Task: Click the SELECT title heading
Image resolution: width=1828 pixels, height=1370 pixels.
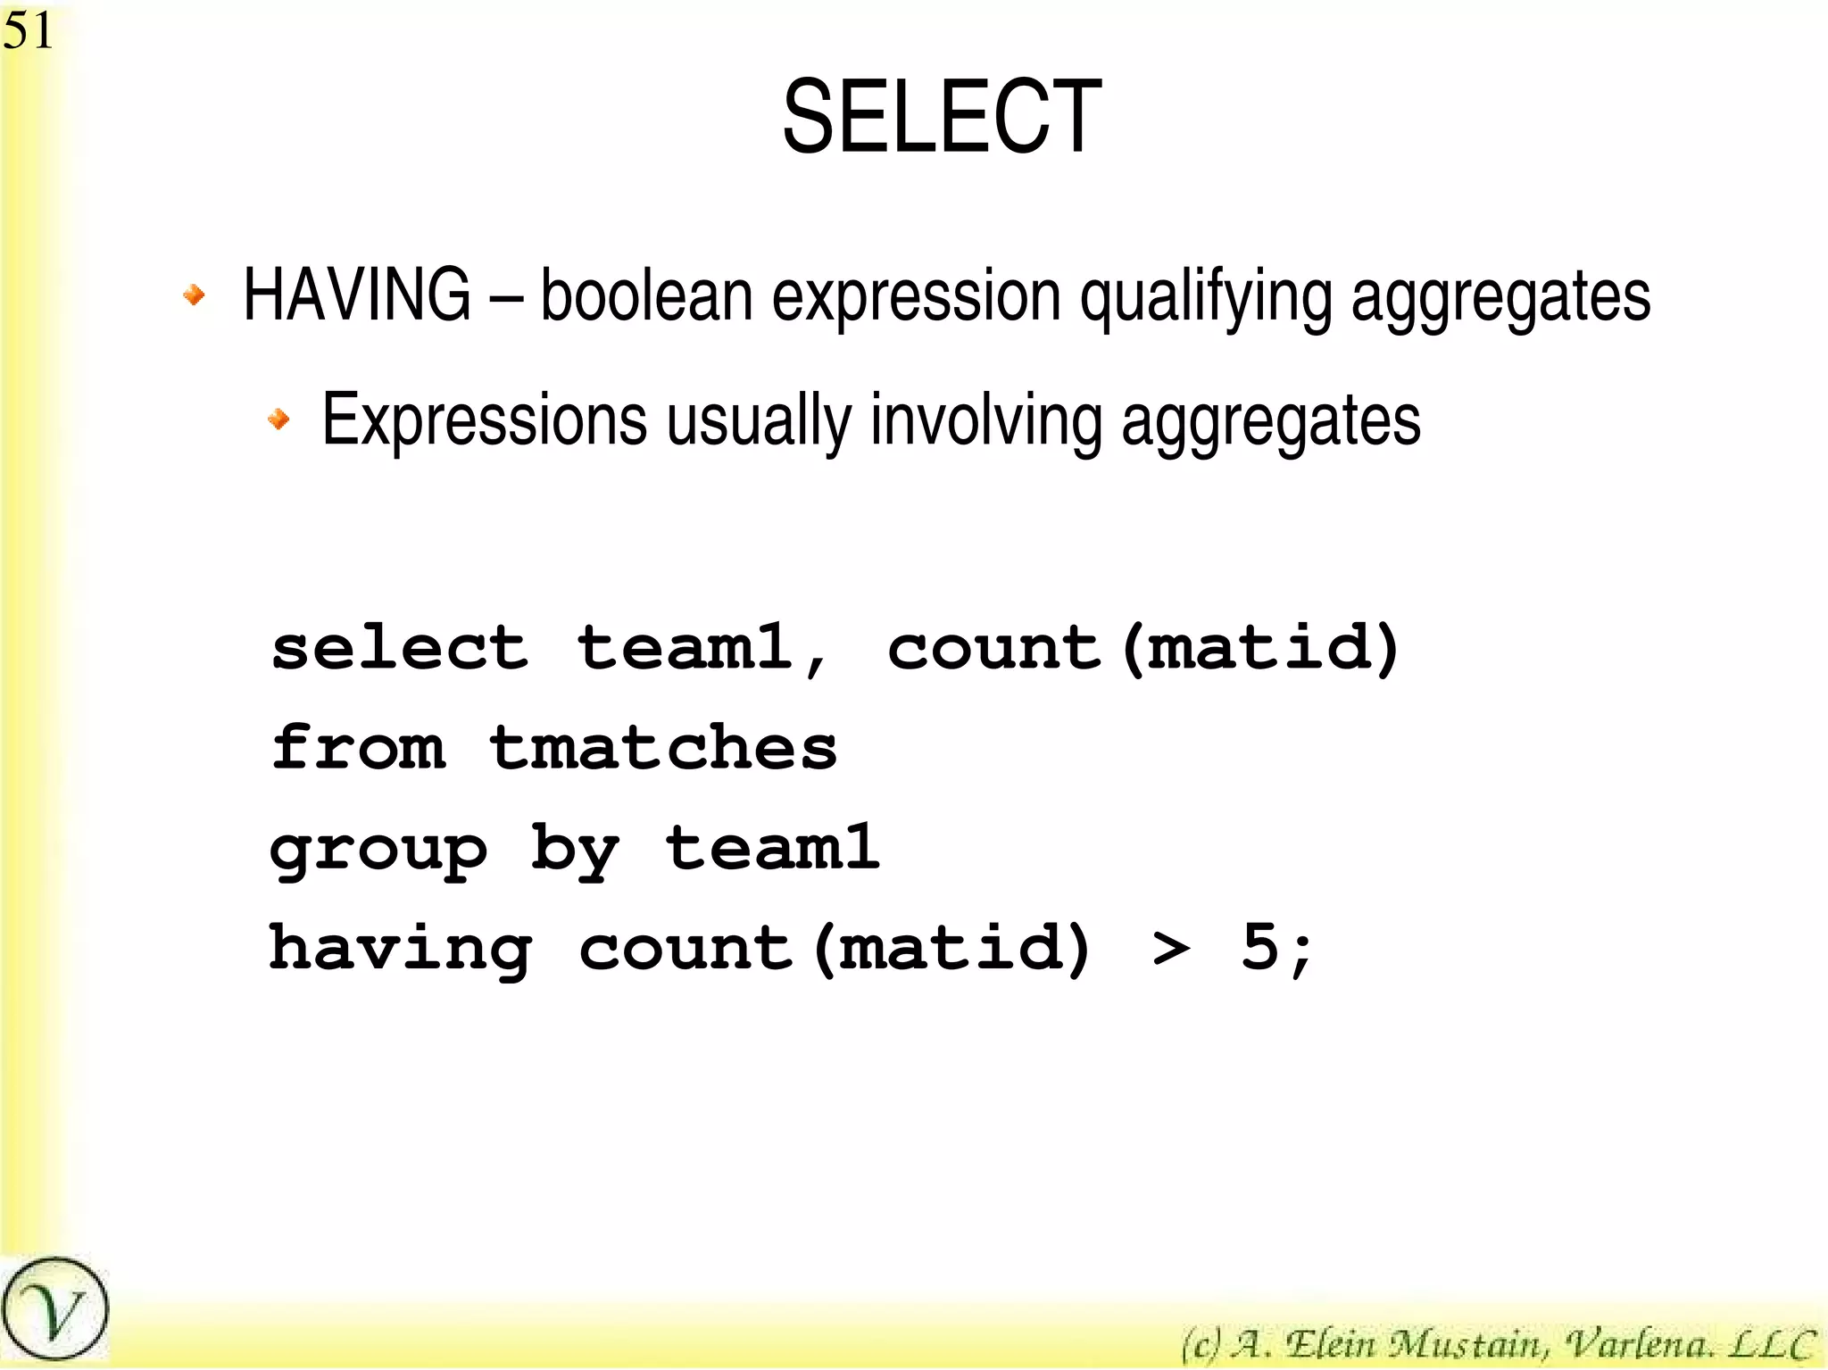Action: tap(942, 117)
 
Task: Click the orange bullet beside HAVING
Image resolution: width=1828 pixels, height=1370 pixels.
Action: tap(194, 294)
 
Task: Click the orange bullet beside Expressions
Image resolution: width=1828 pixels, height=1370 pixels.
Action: tap(279, 418)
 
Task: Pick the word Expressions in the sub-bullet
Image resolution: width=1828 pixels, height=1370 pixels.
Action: tap(484, 421)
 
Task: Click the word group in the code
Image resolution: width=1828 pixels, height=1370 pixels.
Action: tap(378, 851)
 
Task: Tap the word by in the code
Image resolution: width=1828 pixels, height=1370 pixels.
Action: tap(574, 851)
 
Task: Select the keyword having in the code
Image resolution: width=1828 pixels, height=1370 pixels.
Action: tap(401, 950)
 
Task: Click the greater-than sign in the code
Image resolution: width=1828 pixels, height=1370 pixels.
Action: tap(1170, 948)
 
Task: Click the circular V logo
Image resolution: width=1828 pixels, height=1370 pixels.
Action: tap(54, 1310)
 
